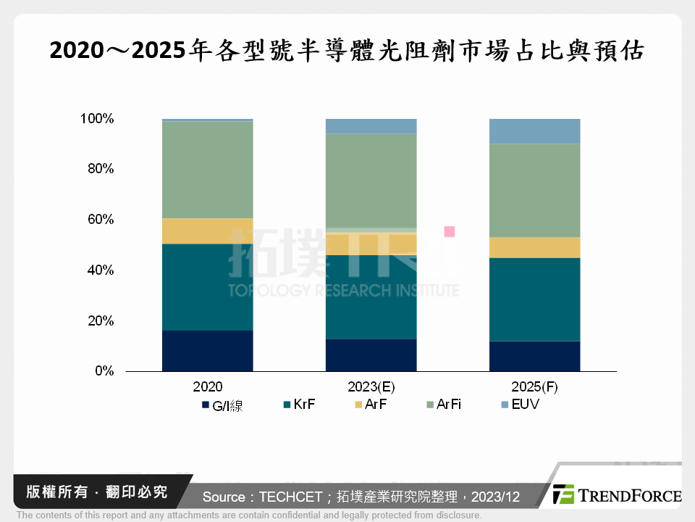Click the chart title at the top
coord(347,51)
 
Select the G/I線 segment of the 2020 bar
coord(207,351)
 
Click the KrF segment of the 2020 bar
coord(207,287)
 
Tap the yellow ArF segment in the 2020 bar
coord(207,231)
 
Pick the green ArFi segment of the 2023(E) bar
coord(371,181)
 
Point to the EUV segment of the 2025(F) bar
coord(534,131)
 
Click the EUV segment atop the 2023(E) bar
coord(371,126)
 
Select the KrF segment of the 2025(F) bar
coord(534,299)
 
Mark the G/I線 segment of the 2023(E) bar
coord(371,355)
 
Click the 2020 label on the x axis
coord(207,387)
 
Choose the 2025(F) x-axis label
coord(534,387)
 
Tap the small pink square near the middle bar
coord(449,231)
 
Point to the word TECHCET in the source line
coord(287,497)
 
